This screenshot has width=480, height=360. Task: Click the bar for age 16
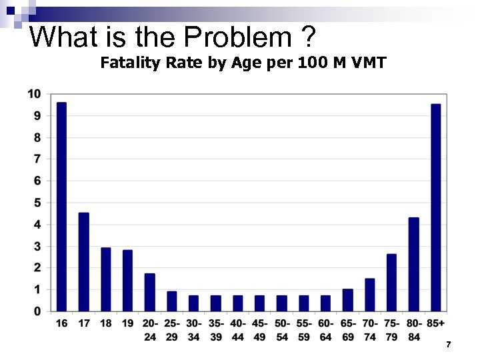[61, 207]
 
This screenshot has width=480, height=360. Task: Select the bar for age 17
[83, 262]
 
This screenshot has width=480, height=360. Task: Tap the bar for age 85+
[436, 207]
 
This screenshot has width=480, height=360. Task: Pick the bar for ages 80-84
[414, 265]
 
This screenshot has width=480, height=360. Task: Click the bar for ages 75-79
[392, 283]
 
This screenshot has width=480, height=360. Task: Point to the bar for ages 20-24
[150, 293]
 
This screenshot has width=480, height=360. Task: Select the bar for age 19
[127, 281]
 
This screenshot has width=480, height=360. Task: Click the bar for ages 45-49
[260, 303]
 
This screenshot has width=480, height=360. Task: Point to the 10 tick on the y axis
[34, 94]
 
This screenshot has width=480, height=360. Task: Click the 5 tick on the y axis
[37, 203]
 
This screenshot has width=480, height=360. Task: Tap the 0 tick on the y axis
[37, 311]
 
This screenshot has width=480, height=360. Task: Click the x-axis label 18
[105, 324]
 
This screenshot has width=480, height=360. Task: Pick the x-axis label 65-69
[348, 330]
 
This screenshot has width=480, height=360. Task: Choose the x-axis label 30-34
[194, 330]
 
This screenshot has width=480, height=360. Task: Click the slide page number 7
[449, 345]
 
